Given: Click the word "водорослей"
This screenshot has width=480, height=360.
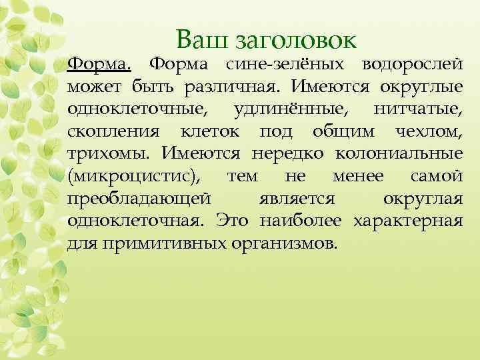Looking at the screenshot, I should click(411, 64).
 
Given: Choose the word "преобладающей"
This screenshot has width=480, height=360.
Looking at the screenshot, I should click(139, 199).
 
